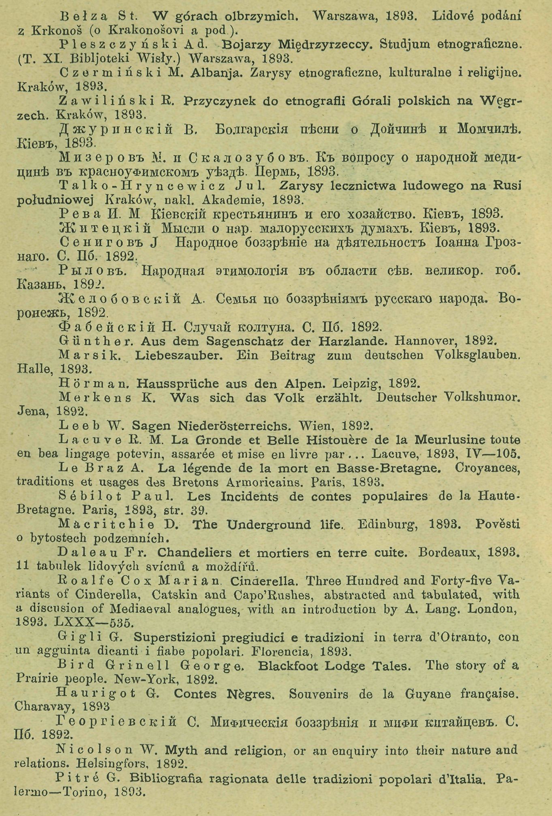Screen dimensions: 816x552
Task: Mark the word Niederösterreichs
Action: [x=228, y=426]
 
